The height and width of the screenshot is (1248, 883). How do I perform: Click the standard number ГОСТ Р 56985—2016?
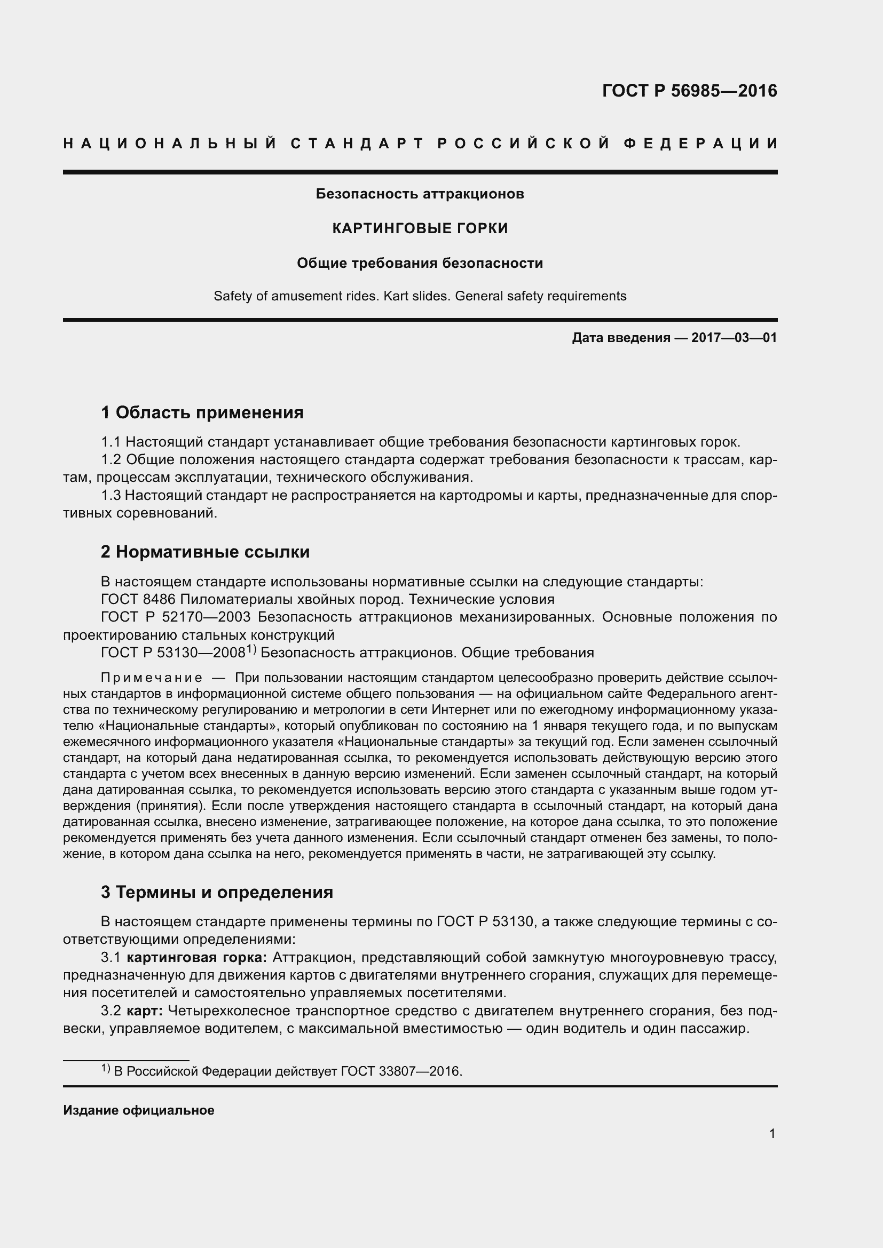(689, 91)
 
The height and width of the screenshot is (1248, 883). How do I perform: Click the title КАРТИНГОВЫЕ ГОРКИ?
(420, 228)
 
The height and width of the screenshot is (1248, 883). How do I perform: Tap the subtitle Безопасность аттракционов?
(420, 194)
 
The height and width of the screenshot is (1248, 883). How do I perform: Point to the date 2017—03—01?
(734, 338)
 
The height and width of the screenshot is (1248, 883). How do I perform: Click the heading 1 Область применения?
(202, 412)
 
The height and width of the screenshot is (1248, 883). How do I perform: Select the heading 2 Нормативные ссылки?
(205, 552)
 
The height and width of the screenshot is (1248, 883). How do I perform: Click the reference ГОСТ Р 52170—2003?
(175, 617)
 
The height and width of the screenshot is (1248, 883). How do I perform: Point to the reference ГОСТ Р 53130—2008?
(173, 653)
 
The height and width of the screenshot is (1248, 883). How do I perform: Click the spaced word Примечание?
(152, 678)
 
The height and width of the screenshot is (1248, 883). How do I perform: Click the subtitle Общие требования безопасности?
(420, 263)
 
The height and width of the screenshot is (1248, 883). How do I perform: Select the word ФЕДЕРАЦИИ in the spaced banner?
(700, 144)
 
